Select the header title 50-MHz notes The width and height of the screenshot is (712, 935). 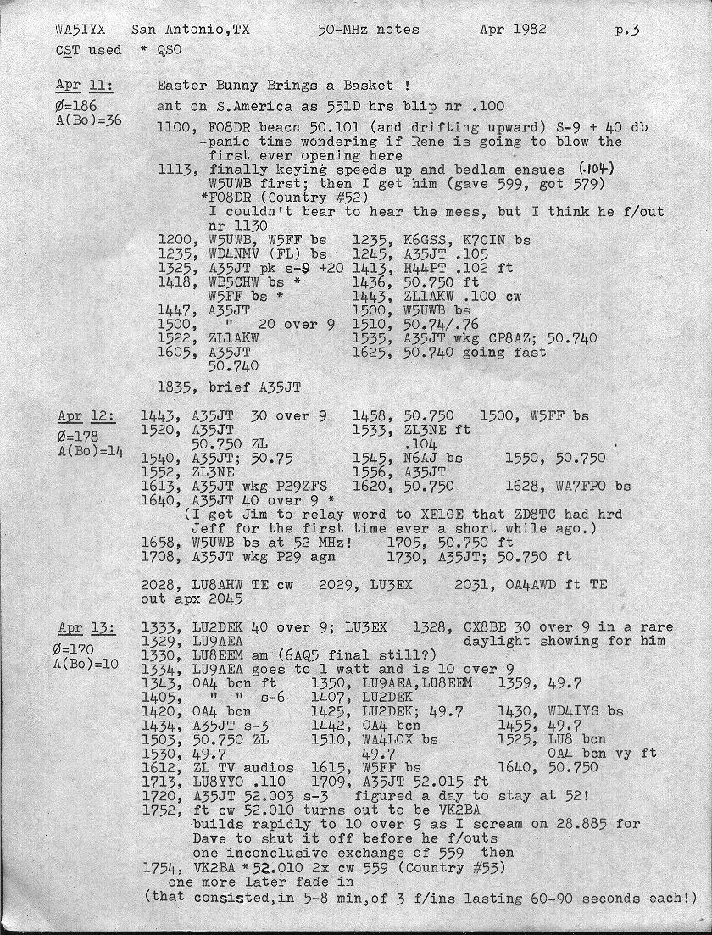point(368,30)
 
